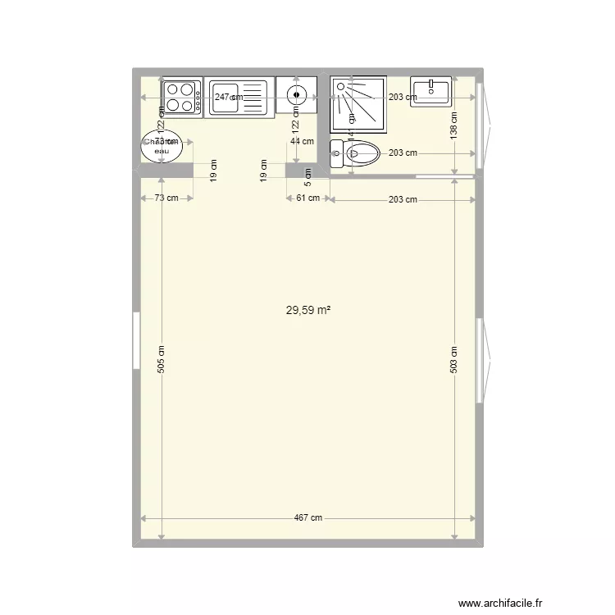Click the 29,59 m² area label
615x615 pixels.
coord(307,311)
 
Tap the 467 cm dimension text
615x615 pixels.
coord(307,518)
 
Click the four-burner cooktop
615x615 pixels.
coord(182,98)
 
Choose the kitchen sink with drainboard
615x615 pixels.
coord(236,98)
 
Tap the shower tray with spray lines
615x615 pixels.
coord(358,105)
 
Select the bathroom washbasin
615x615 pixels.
coord(430,91)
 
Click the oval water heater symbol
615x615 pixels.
coord(162,147)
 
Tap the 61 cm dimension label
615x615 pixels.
coord(307,198)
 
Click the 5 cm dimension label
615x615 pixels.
coord(307,172)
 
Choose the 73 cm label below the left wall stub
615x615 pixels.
coord(166,198)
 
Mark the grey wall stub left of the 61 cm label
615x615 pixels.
coord(295,171)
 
